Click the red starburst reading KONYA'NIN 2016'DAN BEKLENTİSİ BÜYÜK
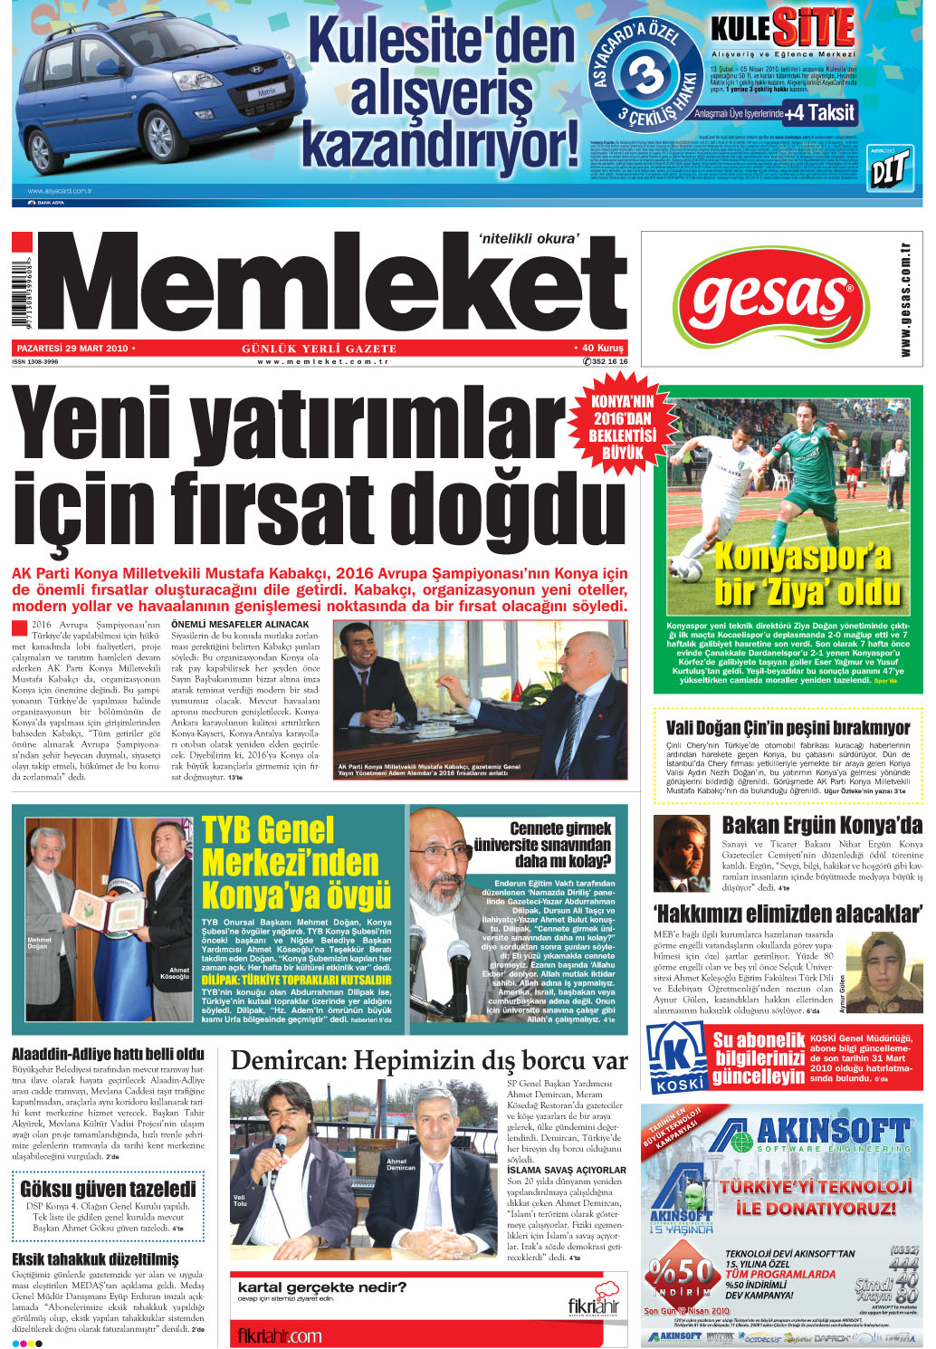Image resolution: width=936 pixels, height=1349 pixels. click(622, 426)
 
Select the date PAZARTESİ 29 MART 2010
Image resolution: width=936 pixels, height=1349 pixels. click(72, 348)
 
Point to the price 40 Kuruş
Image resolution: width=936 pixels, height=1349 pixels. click(601, 348)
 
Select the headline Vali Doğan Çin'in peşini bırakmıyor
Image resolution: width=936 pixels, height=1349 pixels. click(788, 728)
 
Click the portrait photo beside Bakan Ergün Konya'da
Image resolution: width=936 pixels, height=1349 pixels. click(681, 853)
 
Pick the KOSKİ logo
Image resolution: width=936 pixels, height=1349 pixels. click(678, 1057)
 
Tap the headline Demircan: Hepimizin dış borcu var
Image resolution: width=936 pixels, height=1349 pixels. click(429, 1060)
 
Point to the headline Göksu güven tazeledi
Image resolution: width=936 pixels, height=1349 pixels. click(108, 1188)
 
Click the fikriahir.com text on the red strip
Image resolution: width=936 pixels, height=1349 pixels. click(280, 1335)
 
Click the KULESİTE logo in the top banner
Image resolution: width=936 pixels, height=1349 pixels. click(782, 29)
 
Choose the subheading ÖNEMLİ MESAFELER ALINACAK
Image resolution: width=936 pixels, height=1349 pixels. click(240, 625)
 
